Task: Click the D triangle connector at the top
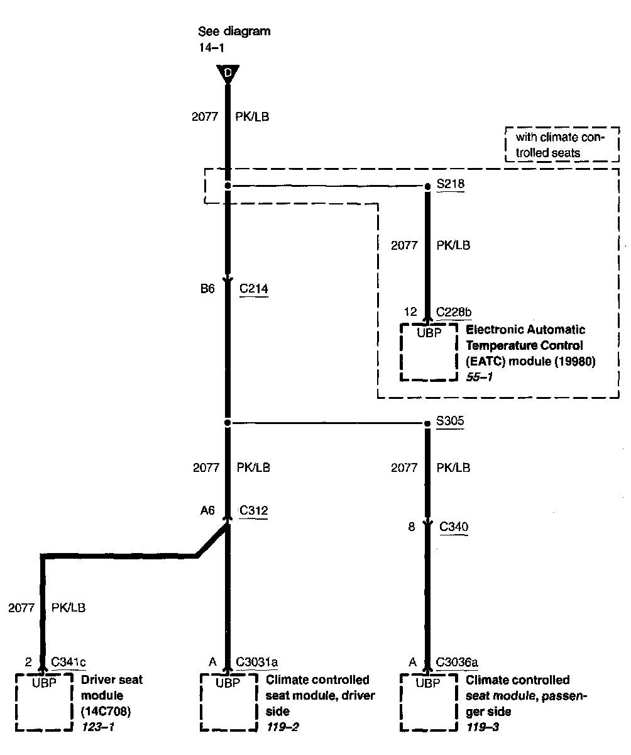(x=228, y=74)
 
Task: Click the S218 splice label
(x=450, y=186)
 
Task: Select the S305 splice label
(x=450, y=422)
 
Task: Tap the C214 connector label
(x=254, y=289)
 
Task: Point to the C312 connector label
(x=254, y=510)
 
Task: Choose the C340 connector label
(x=454, y=527)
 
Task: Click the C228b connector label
(x=454, y=312)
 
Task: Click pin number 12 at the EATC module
(x=410, y=312)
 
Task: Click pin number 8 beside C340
(x=412, y=527)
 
